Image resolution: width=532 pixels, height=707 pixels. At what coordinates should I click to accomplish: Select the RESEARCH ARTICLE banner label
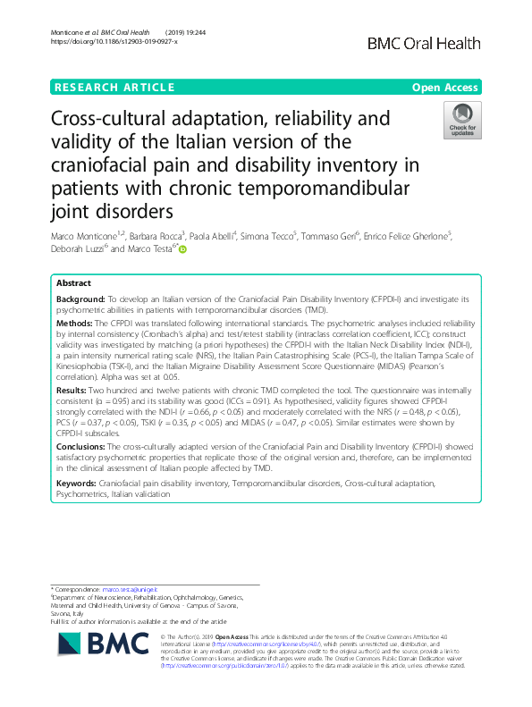pyautogui.click(x=114, y=88)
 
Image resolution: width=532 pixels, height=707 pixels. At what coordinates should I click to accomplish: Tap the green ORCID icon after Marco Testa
pyautogui.click(x=183, y=250)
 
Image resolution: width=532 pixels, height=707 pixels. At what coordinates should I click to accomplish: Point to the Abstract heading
pyautogui.click(x=74, y=283)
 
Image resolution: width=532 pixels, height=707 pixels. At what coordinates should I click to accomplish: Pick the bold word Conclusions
pyautogui.click(x=83, y=444)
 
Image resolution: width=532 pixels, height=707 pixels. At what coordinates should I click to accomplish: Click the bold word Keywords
pyautogui.click(x=78, y=483)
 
